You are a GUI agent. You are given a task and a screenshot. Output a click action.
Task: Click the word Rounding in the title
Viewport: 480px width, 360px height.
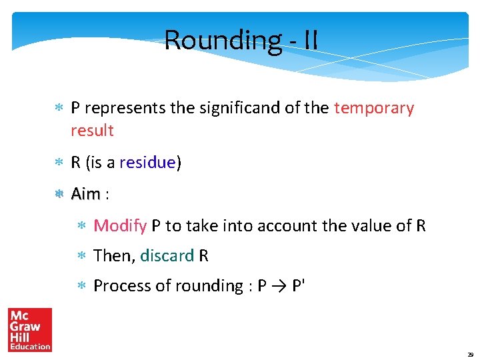[223, 40]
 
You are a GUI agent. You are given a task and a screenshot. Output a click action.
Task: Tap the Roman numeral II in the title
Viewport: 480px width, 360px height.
[310, 40]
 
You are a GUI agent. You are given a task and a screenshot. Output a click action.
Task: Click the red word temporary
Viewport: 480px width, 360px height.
[374, 108]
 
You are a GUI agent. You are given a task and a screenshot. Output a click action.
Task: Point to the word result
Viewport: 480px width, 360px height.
[92, 131]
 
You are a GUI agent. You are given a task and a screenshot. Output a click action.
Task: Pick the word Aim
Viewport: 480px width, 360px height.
[85, 194]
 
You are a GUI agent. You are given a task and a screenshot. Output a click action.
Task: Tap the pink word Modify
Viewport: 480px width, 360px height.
[120, 226]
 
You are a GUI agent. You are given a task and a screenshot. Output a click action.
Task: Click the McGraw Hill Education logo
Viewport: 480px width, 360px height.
[30, 329]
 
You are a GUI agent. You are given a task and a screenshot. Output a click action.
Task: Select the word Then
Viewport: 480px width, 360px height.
[113, 255]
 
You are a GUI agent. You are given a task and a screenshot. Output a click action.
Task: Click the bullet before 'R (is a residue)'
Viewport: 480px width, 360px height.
[59, 163]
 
